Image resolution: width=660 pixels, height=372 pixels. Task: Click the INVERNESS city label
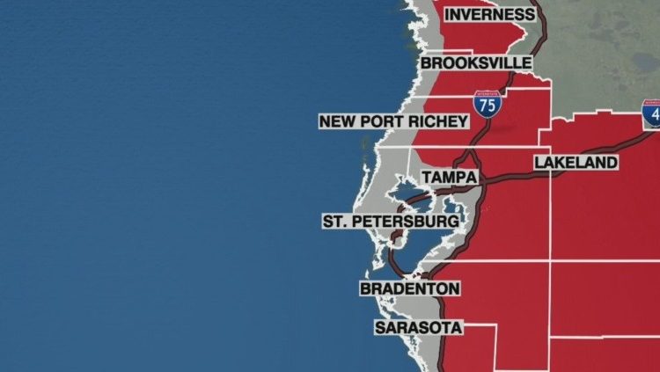489,14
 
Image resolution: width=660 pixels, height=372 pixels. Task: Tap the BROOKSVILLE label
476,63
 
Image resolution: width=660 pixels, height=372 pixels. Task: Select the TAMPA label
448,178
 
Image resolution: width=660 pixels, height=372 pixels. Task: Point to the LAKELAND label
576,163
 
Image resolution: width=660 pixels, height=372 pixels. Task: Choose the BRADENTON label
410,288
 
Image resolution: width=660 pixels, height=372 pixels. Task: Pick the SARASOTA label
418,327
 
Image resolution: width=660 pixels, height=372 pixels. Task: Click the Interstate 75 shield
488,104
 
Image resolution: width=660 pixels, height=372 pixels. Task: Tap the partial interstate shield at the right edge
651,114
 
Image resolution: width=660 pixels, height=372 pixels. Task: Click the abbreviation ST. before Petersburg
335,221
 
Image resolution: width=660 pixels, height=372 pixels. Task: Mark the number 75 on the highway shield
488,106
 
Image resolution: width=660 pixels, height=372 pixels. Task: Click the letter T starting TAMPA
427,178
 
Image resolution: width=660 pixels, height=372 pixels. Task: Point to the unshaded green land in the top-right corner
607,44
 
